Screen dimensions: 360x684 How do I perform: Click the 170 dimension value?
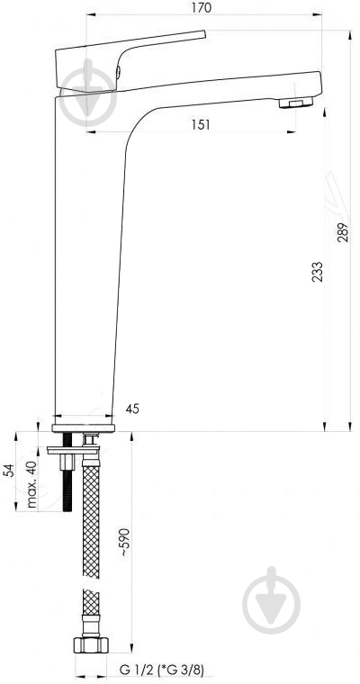pos(202,7)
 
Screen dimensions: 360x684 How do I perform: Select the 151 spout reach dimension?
pos(201,125)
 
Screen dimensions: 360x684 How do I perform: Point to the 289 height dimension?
pos(343,232)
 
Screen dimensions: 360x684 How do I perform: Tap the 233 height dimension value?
pos(318,271)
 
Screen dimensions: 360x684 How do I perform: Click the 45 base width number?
pos(132,409)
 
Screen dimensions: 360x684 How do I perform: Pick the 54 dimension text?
pos(9,470)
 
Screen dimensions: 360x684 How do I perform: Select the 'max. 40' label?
pos(31,484)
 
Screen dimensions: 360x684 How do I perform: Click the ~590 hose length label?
pos(125,542)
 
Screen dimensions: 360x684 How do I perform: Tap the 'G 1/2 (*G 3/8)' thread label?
pos(162,669)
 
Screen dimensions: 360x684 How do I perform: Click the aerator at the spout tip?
pos(296,103)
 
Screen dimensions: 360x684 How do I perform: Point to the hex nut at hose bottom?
pos(91,644)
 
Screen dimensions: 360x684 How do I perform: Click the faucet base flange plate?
pos(84,427)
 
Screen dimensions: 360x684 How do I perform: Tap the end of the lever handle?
pos(203,34)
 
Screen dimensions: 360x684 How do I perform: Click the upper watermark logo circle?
pos(87,98)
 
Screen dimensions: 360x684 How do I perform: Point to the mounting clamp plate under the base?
pos(73,450)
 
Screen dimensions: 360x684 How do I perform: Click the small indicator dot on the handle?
pos(118,72)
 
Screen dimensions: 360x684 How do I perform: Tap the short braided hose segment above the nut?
pos(91,601)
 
